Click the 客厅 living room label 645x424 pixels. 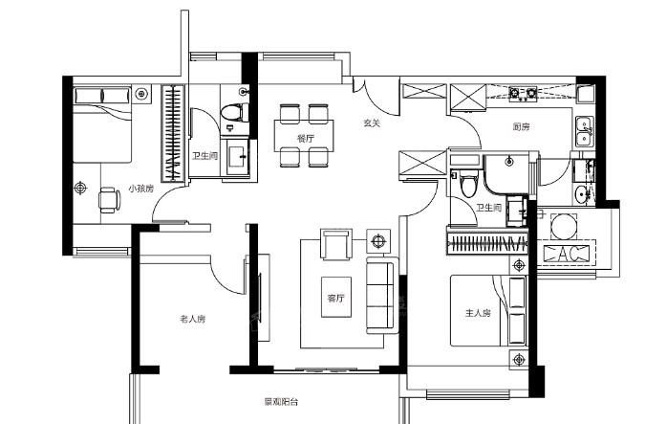335,298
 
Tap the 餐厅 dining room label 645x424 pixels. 305,139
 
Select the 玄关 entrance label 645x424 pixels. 372,123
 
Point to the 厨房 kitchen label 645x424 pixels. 521,127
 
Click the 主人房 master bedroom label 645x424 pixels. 478,313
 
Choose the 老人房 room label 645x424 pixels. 192,319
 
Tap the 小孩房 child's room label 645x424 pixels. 140,189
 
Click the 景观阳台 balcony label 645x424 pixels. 281,402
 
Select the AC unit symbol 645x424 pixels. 566,254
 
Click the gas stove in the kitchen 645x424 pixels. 523,94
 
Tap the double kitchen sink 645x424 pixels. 584,131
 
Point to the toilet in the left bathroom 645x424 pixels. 234,113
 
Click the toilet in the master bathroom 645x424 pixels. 469,185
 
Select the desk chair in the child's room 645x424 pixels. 110,200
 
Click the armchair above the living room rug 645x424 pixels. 336,244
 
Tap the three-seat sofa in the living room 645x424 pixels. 382,295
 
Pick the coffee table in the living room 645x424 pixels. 336,297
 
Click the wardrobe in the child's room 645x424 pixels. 173,133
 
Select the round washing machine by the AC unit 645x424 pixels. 564,226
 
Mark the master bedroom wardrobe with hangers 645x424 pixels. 487,243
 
